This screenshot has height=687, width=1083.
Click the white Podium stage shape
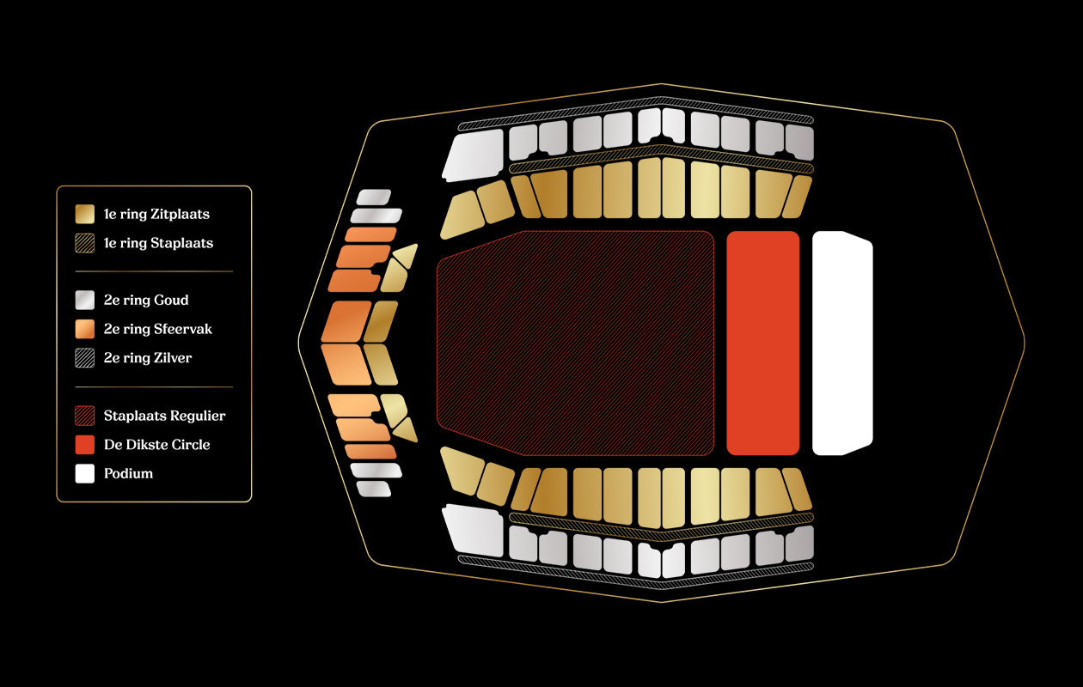click(842, 343)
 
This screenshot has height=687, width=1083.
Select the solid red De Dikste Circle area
click(763, 343)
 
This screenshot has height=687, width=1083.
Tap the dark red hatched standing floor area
click(575, 343)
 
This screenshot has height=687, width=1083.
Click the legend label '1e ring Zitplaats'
click(156, 214)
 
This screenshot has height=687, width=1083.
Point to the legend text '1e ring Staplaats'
click(158, 243)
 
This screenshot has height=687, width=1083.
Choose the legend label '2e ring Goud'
click(146, 300)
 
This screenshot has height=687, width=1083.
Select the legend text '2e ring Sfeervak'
click(157, 329)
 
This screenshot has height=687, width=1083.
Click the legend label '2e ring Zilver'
click(148, 358)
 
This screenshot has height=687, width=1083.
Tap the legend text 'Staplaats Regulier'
click(164, 416)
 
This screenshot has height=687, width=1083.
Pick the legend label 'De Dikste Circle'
click(156, 445)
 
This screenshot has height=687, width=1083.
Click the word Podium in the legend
click(128, 473)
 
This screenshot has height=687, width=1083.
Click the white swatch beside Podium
click(84, 474)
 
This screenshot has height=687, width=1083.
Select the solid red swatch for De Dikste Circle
click(84, 445)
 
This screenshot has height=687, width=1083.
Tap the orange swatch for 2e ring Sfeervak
click(84, 329)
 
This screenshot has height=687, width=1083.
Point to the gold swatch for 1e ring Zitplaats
click(84, 214)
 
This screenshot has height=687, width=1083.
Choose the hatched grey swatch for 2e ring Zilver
click(84, 358)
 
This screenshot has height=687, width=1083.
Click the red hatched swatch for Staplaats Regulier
click(84, 416)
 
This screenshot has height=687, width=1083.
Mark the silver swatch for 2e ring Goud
click(84, 300)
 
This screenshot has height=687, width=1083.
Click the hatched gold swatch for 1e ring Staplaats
click(84, 243)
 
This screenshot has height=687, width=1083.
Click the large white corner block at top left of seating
click(474, 155)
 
